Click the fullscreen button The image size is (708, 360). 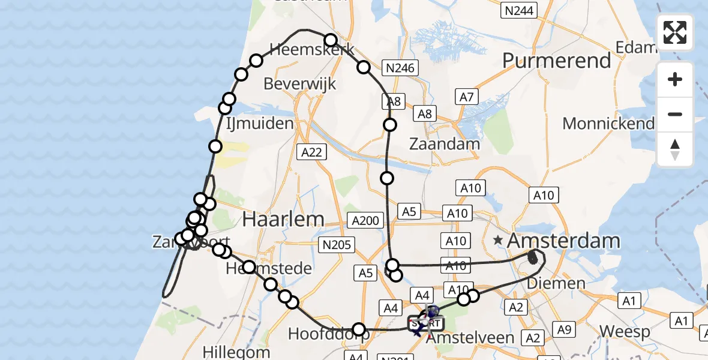(x=675, y=32)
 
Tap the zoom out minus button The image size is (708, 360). (x=675, y=114)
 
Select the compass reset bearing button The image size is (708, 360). (x=675, y=149)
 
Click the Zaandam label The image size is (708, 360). (x=445, y=143)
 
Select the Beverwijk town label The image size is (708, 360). (x=300, y=83)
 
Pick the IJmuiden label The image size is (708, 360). (x=260, y=124)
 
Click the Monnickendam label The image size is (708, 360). (x=608, y=124)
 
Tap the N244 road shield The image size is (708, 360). (x=519, y=10)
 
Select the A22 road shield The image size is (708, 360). (x=312, y=152)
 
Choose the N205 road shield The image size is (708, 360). (x=337, y=244)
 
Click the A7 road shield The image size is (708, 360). (x=467, y=97)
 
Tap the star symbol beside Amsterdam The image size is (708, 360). (x=498, y=241)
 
